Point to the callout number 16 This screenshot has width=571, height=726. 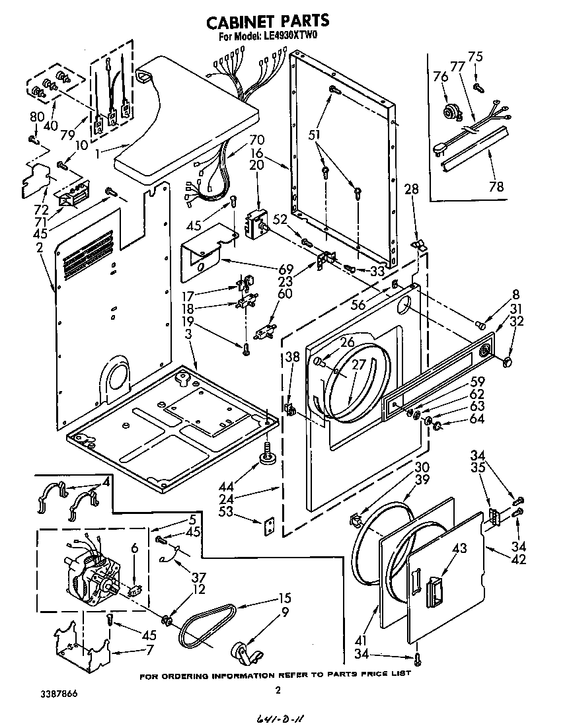point(256,152)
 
